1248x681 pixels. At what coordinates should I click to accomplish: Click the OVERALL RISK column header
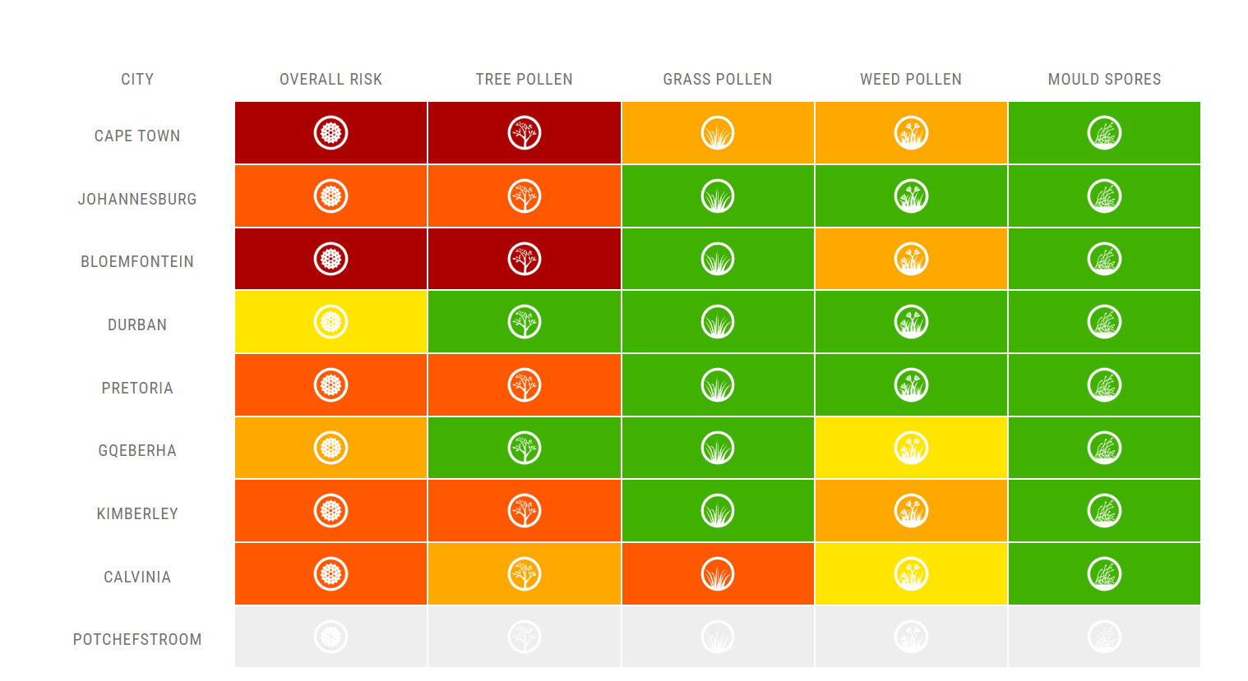330,80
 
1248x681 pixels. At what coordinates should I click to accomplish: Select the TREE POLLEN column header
524,80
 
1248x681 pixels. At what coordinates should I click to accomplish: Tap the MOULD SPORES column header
1104,80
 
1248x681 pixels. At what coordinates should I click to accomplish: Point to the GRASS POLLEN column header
718,80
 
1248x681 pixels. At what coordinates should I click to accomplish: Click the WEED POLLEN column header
911,80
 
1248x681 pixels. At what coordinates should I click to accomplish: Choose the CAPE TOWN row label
137,136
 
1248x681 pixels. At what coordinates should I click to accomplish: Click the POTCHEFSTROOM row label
137,640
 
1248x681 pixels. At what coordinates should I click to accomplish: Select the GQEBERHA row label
137,451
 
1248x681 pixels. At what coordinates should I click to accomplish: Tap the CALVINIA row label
137,577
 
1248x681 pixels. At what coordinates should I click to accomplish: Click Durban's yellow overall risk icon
330,322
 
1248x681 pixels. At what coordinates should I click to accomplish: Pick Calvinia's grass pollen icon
718,574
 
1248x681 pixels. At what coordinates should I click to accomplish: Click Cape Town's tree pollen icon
525,133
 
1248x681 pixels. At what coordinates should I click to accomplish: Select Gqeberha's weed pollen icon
911,448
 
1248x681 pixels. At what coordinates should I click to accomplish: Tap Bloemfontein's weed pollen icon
911,259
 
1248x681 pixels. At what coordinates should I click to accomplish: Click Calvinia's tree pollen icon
525,574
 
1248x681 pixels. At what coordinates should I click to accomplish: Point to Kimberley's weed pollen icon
911,511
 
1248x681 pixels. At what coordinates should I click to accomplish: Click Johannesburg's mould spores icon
1104,196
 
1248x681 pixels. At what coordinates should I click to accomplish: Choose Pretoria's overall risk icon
330,385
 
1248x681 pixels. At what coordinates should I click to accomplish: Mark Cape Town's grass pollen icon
718,133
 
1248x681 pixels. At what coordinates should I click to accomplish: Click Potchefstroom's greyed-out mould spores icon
1104,637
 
